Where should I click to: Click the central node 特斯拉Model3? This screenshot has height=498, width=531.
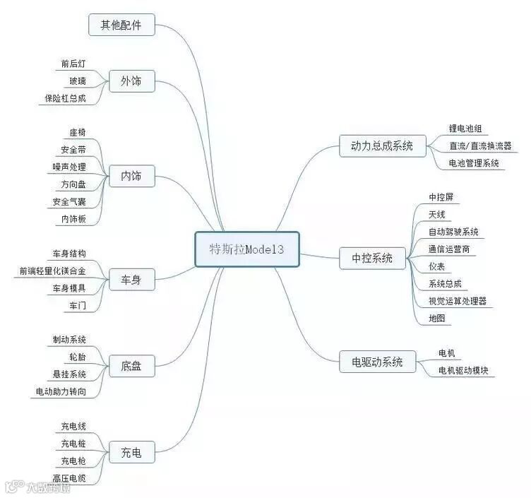pyautogui.click(x=247, y=249)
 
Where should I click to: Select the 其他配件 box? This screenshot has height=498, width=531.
pyautogui.click(x=121, y=25)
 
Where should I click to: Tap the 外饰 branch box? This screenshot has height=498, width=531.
pyautogui.click(x=131, y=81)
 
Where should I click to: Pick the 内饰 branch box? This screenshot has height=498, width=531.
pyautogui.click(x=131, y=176)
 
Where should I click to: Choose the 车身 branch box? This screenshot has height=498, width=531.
pyautogui.click(x=131, y=280)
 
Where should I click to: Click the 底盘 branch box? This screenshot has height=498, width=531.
pyautogui.click(x=131, y=366)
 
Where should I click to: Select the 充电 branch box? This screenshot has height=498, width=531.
pyautogui.click(x=131, y=452)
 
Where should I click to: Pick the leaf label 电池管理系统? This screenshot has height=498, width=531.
pyautogui.click(x=474, y=163)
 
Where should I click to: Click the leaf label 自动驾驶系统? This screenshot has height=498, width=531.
pyautogui.click(x=453, y=232)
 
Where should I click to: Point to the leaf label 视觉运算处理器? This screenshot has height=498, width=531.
pyautogui.click(x=458, y=301)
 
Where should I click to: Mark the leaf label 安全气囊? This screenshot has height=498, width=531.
pyautogui.click(x=69, y=202)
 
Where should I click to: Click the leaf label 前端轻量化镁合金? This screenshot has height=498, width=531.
pyautogui.click(x=53, y=271)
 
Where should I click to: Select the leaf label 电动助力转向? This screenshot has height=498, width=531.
pyautogui.click(x=61, y=391)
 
